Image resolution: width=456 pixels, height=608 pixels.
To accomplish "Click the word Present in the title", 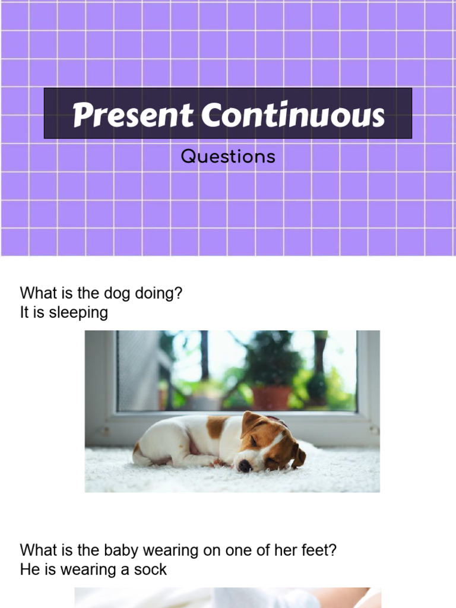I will pos(132,115).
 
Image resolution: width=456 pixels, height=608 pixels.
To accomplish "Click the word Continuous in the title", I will pos(293,115).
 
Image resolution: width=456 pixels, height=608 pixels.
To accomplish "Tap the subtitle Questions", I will pos(228,157).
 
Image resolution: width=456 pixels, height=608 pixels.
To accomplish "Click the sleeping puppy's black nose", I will pos(244,466).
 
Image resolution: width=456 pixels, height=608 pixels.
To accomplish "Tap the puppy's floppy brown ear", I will pos(298,456).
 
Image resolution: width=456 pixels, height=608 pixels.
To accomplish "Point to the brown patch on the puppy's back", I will pos(216,426).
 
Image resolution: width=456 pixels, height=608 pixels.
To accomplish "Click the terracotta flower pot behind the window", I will pos(272,397).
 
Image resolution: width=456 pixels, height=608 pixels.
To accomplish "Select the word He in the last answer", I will pos(28,570).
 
